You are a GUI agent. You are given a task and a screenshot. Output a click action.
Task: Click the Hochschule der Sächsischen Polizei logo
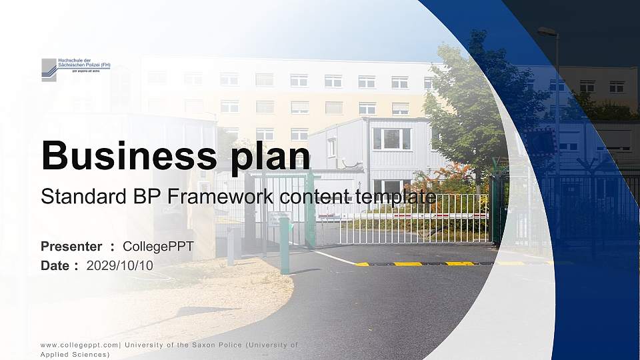pos(75,69)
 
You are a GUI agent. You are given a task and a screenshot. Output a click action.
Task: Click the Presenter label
pos(71,247)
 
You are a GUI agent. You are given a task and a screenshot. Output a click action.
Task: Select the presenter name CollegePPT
pos(158,247)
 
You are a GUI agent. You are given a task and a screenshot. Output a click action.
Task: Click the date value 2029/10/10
pos(120,265)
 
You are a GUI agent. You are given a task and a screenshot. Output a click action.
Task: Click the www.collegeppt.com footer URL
pos(80,345)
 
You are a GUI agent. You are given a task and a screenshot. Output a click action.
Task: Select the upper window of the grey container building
pos(391,139)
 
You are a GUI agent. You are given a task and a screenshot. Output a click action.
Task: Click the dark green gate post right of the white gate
pos(495,210)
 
